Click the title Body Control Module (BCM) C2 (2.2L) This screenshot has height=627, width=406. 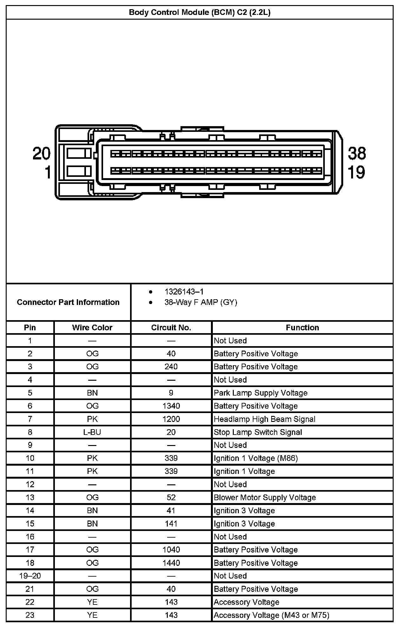pos(200,13)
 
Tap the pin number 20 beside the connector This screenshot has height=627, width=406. pos(42,153)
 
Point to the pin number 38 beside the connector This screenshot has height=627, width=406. pos(357,153)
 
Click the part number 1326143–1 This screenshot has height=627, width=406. pos(184,292)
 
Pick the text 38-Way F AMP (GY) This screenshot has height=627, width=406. pos(200,302)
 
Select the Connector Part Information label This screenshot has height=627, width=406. pos(68,302)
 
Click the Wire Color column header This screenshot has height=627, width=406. pos(92,327)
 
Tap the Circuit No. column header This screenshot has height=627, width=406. pos(171,327)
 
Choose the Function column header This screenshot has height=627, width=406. pos(302,327)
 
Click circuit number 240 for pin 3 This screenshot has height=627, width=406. pos(171,367)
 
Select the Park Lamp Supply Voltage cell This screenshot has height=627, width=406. pos(260,393)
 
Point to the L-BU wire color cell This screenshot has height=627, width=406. pos(92,432)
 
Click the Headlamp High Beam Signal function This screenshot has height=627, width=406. pos(265,419)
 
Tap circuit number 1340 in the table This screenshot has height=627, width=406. pos(171,406)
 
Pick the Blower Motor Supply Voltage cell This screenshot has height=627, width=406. pos(265,497)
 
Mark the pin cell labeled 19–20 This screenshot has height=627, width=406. pos(30,576)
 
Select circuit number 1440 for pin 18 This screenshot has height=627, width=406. pos(171,563)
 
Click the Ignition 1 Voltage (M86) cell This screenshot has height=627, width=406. pos(256,458)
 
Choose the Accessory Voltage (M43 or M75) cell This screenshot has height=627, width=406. pos(271,615)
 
